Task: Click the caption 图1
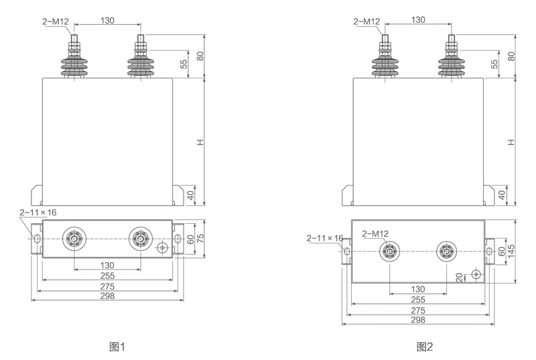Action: point(117,347)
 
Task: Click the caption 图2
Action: point(425,347)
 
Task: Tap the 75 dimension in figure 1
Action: point(200,239)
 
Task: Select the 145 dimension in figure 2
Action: point(511,250)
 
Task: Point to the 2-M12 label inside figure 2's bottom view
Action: point(376,234)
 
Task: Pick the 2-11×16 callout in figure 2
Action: point(325,239)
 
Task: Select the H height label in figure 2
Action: point(511,141)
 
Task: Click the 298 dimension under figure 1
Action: point(107,297)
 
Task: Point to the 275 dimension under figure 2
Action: point(418,311)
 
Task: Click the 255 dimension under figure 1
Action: point(107,276)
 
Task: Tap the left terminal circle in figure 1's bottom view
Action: point(74,239)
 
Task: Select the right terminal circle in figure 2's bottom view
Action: point(446,252)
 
